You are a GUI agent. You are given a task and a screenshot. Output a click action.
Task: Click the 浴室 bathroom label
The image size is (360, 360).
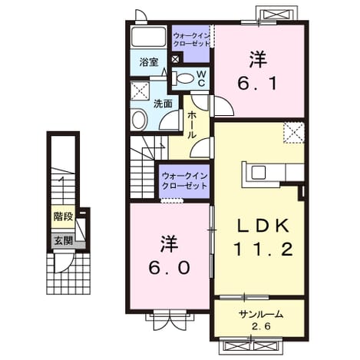(x=149, y=62)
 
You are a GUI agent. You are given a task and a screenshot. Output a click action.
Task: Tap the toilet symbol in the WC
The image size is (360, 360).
(x=183, y=78)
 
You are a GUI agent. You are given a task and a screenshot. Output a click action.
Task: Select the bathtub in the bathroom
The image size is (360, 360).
(x=148, y=37)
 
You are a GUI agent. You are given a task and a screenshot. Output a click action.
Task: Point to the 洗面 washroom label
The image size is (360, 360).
(x=163, y=104)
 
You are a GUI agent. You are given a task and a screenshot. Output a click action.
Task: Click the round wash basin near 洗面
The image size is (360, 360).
(x=140, y=120)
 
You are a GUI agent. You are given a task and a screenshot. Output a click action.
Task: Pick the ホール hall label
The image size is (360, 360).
(x=192, y=125)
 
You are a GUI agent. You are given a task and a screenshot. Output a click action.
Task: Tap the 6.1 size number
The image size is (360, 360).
(x=257, y=84)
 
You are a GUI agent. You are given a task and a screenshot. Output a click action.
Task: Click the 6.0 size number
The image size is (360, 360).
(x=170, y=268)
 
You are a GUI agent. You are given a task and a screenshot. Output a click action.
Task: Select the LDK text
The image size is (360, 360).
(x=263, y=226)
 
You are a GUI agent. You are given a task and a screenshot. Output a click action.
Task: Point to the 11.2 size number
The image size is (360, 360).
(x=263, y=249)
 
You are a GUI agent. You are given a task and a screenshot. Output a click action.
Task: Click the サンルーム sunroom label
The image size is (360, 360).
(x=261, y=314)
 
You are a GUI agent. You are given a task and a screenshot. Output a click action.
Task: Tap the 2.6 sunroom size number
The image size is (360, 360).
(x=261, y=326)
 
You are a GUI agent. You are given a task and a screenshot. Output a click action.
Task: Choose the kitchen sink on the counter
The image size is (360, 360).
(x=259, y=173)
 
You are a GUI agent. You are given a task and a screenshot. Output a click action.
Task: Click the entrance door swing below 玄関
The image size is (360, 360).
(x=64, y=263)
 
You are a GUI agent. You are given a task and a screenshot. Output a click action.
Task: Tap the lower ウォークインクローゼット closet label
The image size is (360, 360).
(x=184, y=181)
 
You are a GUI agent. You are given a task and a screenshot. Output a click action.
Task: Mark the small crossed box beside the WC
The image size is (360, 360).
(x=175, y=59)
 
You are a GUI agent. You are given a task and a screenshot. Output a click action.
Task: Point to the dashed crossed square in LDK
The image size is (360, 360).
(x=294, y=133)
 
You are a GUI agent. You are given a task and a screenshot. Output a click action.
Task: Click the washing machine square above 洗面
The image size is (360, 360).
(x=140, y=91)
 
